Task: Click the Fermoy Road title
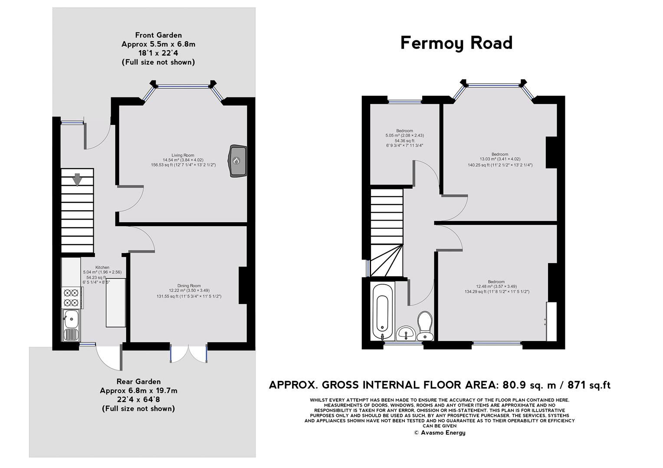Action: [x=456, y=43]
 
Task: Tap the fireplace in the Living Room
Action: [x=237, y=161]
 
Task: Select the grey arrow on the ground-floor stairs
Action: [x=77, y=180]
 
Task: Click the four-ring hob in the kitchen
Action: [x=71, y=298]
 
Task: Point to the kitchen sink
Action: [x=71, y=325]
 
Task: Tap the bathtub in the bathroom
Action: [x=383, y=312]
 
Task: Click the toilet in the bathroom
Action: [x=425, y=325]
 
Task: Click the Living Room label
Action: [x=183, y=155]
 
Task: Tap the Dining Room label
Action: [x=189, y=286]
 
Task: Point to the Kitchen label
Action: [x=102, y=267]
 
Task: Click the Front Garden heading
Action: [x=158, y=35]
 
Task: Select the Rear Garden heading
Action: [x=138, y=381]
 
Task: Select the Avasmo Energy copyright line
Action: [x=439, y=432]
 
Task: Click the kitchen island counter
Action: [x=116, y=302]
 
